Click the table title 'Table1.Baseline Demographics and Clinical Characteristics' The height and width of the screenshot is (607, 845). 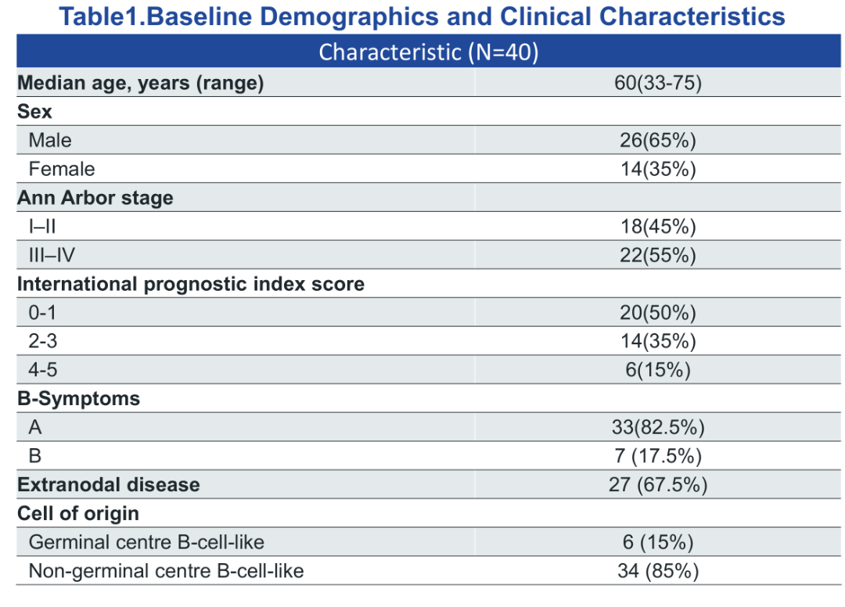(x=422, y=16)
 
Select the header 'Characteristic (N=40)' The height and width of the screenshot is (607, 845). (x=429, y=52)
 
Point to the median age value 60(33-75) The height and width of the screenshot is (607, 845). (x=658, y=83)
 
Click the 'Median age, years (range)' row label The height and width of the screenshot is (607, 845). (x=141, y=84)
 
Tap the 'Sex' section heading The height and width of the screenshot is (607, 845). (x=34, y=112)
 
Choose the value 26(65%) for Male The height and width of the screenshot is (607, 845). (x=658, y=141)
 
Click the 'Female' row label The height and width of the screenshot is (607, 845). (x=62, y=169)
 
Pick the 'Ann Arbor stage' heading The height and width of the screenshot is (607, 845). (x=95, y=198)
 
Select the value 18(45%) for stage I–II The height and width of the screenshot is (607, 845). (x=658, y=227)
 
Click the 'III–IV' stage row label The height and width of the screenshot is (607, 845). (x=52, y=255)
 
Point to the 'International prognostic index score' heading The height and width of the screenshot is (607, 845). (x=191, y=284)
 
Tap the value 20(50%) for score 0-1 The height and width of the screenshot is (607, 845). (x=658, y=313)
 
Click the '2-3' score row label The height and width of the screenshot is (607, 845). (x=42, y=342)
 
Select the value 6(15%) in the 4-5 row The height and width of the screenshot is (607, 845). (x=658, y=370)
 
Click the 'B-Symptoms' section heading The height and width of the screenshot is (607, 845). (x=79, y=399)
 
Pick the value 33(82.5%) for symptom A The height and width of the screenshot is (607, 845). (x=658, y=428)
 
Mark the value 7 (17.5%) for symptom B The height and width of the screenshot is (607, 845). (x=658, y=456)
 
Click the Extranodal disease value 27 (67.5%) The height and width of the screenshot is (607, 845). (x=658, y=485)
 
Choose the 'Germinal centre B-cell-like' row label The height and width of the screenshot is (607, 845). (x=146, y=542)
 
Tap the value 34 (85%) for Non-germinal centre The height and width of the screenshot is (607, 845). (x=658, y=571)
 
